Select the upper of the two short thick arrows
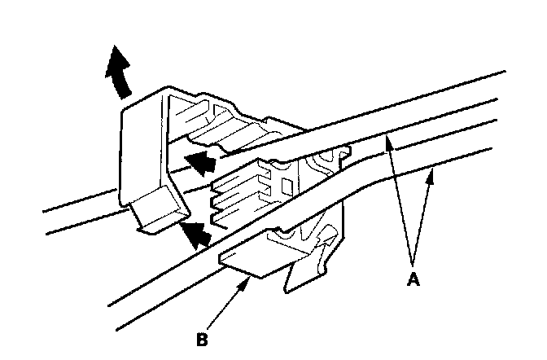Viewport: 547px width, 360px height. click(x=202, y=163)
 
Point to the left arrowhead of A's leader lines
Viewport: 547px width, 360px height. click(x=389, y=143)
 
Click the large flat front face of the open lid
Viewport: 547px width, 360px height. click(x=143, y=155)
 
